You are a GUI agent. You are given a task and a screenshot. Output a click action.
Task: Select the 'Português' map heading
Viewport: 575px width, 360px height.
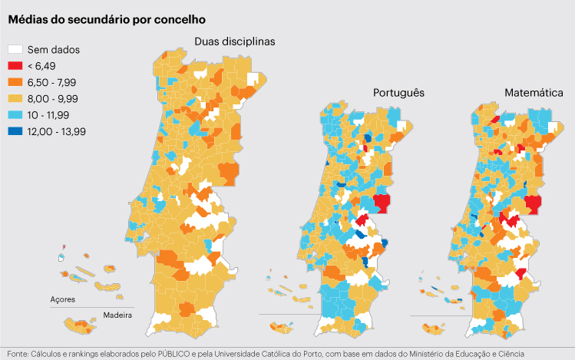tap(398, 93)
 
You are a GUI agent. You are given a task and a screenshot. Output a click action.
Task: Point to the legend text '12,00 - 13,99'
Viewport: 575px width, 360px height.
tap(56, 131)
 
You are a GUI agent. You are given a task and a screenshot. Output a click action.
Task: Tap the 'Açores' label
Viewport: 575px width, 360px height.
tap(63, 299)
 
